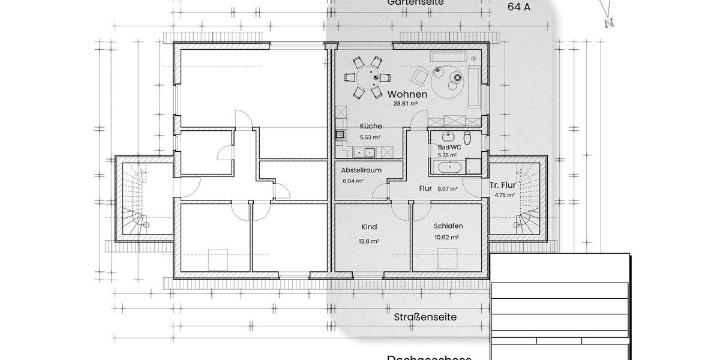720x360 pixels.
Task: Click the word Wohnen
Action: coord(407,94)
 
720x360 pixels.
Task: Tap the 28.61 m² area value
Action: coord(405,103)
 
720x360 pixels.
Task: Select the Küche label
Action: coord(371,127)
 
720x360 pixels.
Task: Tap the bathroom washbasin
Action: coord(447,136)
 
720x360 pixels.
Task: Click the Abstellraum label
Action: coord(361,170)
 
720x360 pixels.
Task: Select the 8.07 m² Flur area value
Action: coord(447,188)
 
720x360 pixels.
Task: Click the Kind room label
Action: coord(369,227)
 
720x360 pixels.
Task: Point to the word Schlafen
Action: coord(448,226)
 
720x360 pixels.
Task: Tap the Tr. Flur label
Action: coord(503,185)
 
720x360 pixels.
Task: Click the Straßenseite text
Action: coord(425,317)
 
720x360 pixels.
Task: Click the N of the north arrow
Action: coord(609,23)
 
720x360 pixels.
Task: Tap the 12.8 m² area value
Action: coord(370,241)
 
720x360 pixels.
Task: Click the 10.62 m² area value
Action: coord(446,238)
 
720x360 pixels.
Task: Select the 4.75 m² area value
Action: coord(505,195)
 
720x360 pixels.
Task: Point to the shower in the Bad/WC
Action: coord(474,166)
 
